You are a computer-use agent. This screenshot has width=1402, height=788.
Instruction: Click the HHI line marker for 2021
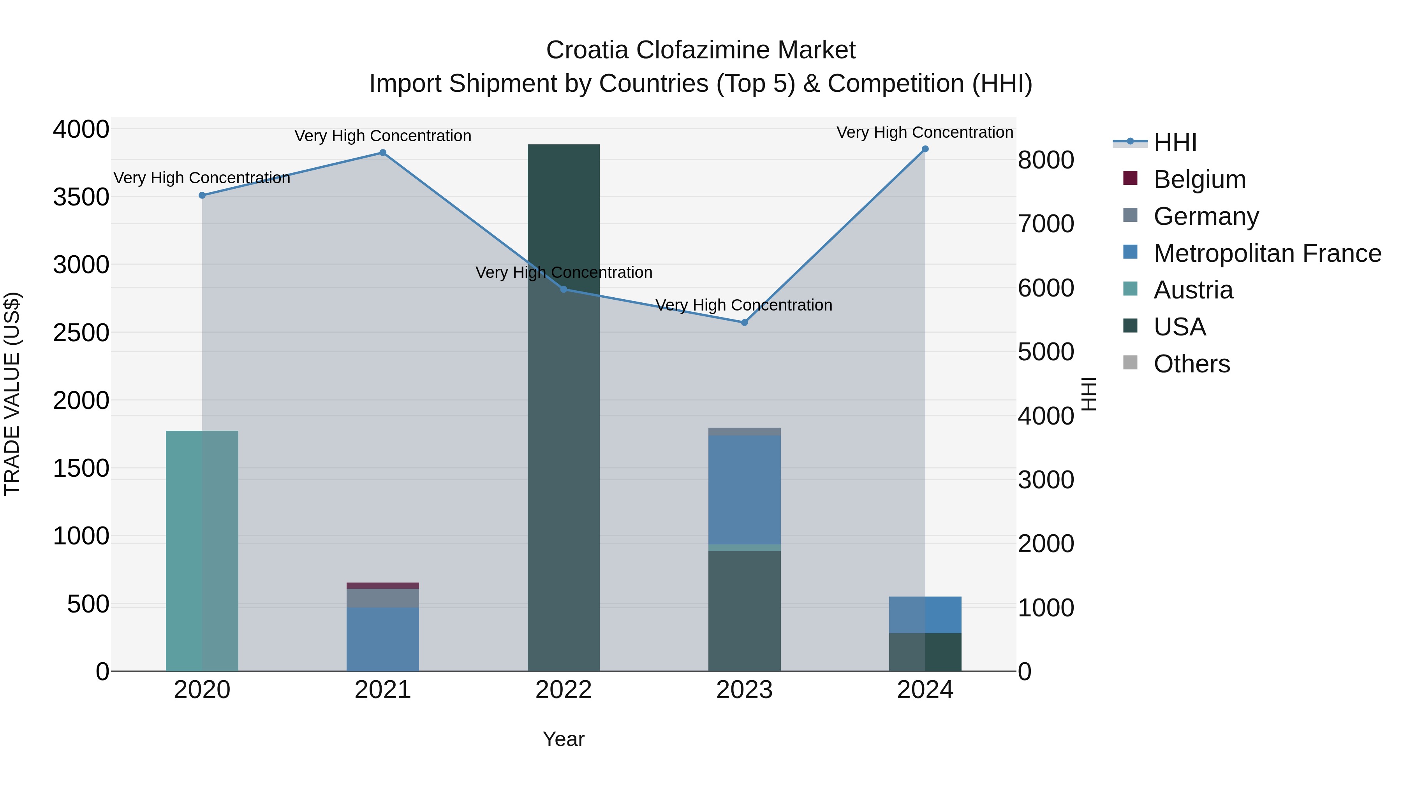(382, 153)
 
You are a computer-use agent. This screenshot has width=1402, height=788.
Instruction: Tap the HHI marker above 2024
(925, 149)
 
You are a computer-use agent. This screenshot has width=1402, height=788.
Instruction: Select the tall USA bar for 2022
(563, 408)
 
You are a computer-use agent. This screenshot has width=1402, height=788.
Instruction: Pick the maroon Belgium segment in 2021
(382, 586)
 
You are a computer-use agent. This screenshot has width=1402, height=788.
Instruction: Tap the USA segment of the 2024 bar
(925, 652)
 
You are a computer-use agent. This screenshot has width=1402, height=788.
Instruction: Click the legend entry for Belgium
(1199, 179)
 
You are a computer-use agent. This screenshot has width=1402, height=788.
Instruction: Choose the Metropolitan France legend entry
(1267, 253)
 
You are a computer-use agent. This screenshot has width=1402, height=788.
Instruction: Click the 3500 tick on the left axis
(81, 197)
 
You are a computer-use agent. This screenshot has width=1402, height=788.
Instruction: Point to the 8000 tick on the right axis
(1046, 160)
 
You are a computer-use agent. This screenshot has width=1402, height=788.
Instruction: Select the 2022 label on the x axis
(563, 690)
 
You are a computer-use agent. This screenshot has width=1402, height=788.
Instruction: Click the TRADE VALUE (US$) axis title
(12, 394)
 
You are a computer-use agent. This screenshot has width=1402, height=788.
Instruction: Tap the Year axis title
(563, 739)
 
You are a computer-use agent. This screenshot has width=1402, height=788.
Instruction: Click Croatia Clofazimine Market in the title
(701, 50)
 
